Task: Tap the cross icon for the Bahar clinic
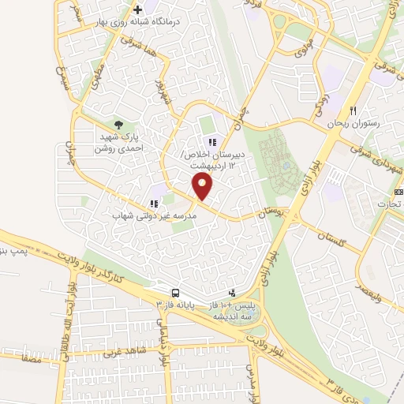click(138, 9)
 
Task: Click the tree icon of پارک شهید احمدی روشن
click(119, 124)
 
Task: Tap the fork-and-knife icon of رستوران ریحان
click(353, 110)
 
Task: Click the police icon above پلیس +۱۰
click(230, 292)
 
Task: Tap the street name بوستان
click(271, 214)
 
